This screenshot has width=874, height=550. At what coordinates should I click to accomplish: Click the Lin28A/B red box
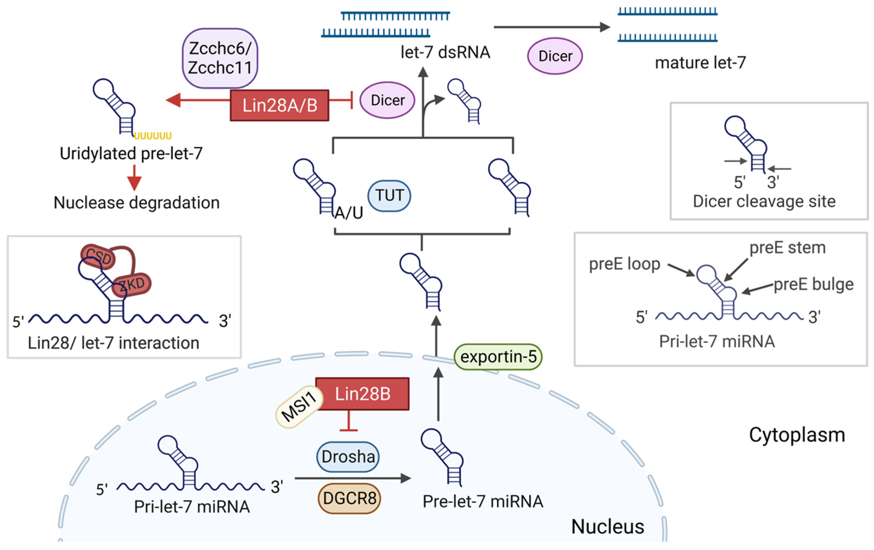click(280, 105)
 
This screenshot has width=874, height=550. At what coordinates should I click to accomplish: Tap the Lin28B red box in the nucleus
click(362, 394)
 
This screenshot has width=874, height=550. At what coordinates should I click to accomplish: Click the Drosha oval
click(348, 457)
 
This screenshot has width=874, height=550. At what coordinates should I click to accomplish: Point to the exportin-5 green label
click(498, 357)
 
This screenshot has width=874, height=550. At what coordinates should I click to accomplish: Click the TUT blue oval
click(389, 196)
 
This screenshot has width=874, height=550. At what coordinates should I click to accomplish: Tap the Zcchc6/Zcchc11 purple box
click(220, 58)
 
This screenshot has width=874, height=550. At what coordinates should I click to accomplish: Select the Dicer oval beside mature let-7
click(555, 56)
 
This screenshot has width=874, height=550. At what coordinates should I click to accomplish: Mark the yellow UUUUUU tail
click(153, 136)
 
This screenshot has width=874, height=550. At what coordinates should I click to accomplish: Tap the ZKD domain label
click(131, 284)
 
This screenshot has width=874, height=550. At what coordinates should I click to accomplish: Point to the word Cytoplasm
click(797, 435)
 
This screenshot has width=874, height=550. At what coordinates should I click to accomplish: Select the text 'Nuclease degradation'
click(137, 202)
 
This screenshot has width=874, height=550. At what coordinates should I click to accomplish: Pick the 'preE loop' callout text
click(624, 264)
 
